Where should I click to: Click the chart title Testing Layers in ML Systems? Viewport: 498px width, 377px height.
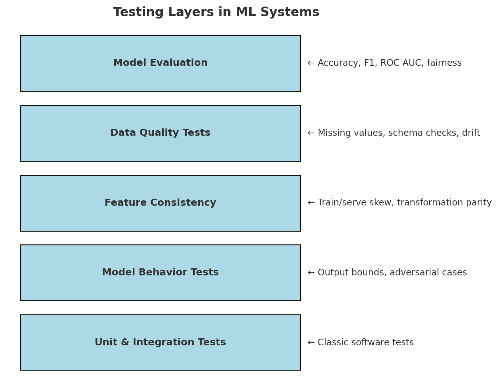click(x=216, y=12)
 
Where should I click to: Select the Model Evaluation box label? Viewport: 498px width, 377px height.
click(x=160, y=63)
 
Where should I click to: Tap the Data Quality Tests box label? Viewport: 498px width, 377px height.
click(x=160, y=133)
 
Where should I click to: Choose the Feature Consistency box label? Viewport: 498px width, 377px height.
click(x=160, y=203)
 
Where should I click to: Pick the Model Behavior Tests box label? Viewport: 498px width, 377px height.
click(x=160, y=273)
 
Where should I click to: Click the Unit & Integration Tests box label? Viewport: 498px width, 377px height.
click(x=160, y=342)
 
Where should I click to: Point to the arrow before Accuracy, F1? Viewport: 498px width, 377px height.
click(x=311, y=63)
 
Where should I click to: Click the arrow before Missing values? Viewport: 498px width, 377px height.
click(x=311, y=133)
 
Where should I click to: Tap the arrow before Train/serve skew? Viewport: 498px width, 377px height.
click(x=311, y=203)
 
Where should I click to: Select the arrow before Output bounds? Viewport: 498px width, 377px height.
click(x=311, y=273)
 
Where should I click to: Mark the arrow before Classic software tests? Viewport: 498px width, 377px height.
click(x=311, y=343)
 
